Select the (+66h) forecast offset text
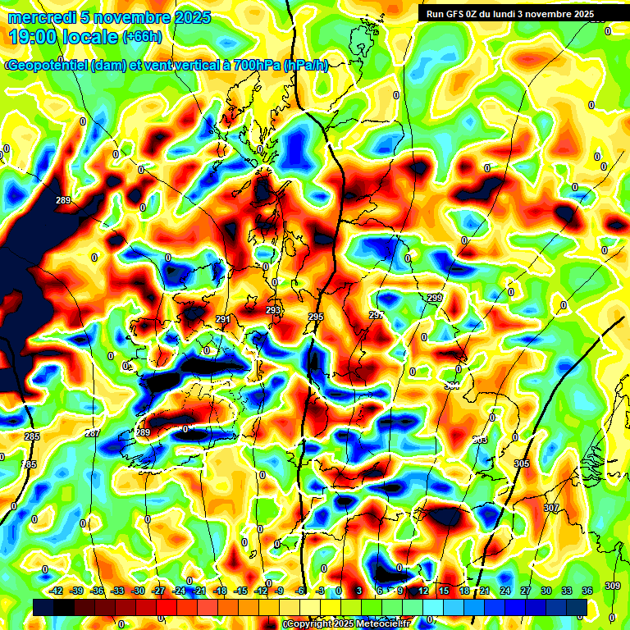click(141, 37)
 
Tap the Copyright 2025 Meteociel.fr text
click(347, 624)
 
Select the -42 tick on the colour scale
click(57, 591)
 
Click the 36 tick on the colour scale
click(587, 591)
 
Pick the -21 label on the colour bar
click(199, 591)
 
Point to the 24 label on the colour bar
click(505, 591)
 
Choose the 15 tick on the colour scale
click(444, 591)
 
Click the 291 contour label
click(223, 320)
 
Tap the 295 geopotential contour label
click(316, 317)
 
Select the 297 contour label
click(377, 315)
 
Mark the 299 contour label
click(435, 298)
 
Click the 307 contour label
click(551, 509)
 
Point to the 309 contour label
click(613, 585)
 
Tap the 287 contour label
click(93, 433)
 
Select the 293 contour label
click(273, 310)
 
